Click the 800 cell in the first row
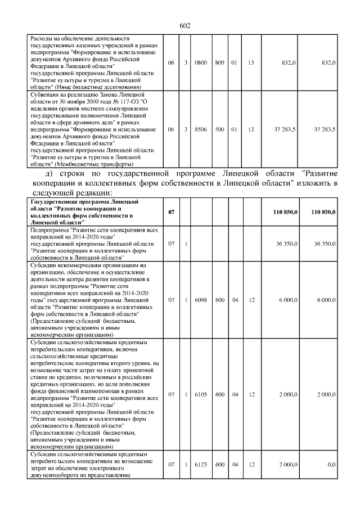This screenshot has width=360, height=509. tap(219, 63)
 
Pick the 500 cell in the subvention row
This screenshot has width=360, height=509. tap(219, 129)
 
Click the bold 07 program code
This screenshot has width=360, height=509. tap(172, 211)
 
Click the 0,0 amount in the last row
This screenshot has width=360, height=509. tap(331, 465)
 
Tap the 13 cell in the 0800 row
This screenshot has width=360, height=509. tap(251, 63)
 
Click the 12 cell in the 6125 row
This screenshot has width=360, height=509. tap(251, 465)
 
